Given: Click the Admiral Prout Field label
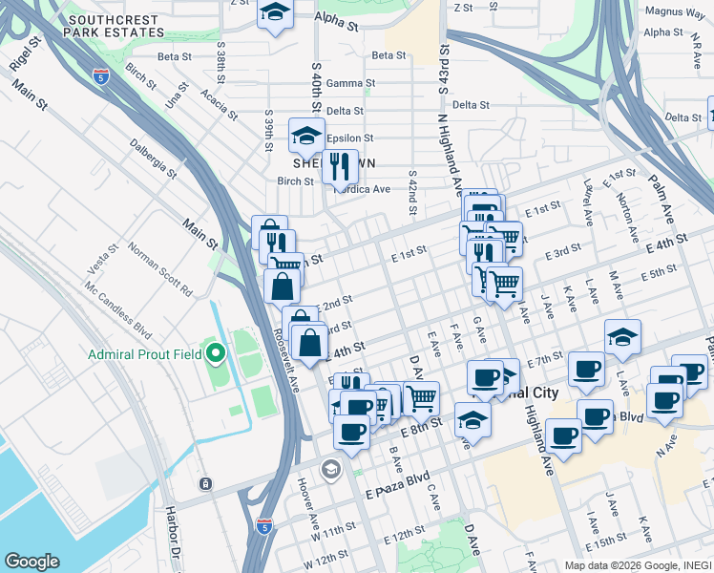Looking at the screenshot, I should [x=144, y=355].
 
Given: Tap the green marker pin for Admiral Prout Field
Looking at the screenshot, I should [x=216, y=355].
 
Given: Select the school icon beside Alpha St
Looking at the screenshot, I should [x=275, y=13].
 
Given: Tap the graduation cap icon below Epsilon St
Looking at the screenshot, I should [x=307, y=136].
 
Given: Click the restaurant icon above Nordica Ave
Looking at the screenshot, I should [x=339, y=167].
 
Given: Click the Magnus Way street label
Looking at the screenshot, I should [x=674, y=12].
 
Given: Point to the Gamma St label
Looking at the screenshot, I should [x=350, y=83].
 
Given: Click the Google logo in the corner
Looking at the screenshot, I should [x=31, y=561].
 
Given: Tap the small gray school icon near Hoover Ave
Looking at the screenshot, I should [x=330, y=468].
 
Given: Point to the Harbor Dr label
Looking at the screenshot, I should [x=180, y=541].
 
